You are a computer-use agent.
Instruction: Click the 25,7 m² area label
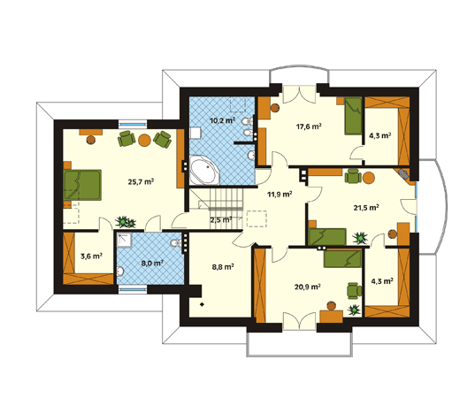pos(141,181)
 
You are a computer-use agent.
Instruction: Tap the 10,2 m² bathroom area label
pos(223,120)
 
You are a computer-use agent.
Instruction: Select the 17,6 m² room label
pos(309,126)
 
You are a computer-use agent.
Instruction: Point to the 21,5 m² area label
pos(366,208)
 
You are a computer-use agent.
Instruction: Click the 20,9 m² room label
pos(308,287)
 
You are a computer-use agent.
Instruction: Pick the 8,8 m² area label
pos(223,267)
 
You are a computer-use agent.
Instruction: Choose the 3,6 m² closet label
pos(91,256)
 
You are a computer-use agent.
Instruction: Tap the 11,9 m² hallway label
pos(280,194)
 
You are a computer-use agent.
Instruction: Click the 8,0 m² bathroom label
pos(152,263)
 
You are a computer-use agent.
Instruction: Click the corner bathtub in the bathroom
pos(204,170)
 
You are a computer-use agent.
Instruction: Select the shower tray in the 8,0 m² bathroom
pos(125,241)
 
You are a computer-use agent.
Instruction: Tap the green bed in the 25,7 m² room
pos(82,185)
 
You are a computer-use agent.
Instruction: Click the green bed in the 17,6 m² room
pos(353,116)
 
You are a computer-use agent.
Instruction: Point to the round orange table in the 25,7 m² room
pos(144,141)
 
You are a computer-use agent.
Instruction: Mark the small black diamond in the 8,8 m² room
pos(202,305)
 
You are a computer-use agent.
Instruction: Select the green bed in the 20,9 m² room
pos(342,259)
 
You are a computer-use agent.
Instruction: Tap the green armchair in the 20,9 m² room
pos(354,291)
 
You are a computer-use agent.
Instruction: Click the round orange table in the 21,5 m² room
pos(369,178)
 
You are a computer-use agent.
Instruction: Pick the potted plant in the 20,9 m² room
pos(354,310)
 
